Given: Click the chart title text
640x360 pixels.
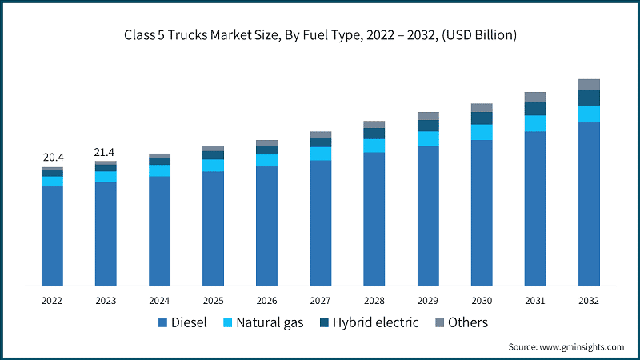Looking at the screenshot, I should click(320, 34).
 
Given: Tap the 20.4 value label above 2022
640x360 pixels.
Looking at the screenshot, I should click(52, 158).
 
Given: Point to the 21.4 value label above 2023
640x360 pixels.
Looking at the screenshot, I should click(106, 151).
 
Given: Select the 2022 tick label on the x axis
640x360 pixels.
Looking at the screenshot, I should click(52, 300).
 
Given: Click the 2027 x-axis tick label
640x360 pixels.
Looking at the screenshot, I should click(320, 300).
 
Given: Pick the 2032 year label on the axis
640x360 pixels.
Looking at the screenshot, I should click(589, 300).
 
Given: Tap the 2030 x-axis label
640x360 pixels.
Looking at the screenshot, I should click(482, 300).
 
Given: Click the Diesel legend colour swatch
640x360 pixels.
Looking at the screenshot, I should click(163, 323).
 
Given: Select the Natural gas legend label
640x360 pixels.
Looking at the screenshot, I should click(263, 323).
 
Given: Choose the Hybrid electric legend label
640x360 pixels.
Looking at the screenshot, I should click(375, 323).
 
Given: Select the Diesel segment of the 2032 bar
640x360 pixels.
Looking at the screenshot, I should click(589, 204).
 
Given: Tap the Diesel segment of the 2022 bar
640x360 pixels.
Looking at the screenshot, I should click(52, 236).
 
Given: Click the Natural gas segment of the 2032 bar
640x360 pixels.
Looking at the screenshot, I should click(589, 114).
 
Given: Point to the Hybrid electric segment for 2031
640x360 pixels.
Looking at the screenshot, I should click(535, 108).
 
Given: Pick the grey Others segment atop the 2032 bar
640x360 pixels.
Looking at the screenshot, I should click(589, 84).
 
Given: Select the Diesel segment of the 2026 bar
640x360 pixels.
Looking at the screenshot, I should click(266, 226).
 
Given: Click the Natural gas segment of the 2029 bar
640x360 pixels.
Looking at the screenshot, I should click(428, 138).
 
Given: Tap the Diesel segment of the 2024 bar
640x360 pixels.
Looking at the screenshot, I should click(159, 230).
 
